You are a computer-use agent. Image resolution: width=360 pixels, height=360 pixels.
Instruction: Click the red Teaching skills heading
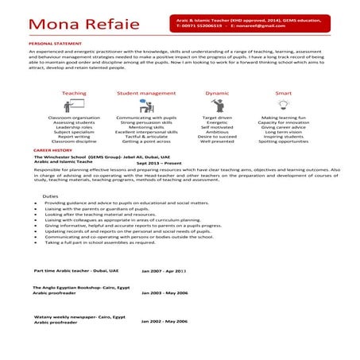pyautogui.click(x=74, y=93)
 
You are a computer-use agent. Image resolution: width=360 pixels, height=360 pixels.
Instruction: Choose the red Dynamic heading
pyautogui.click(x=217, y=93)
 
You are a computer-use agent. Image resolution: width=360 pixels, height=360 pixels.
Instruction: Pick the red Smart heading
pyautogui.click(x=284, y=93)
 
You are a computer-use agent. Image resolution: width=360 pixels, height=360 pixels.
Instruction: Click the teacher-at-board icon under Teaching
pyautogui.click(x=74, y=106)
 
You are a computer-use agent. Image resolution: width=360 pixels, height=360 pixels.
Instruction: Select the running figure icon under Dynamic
pyautogui.click(x=217, y=106)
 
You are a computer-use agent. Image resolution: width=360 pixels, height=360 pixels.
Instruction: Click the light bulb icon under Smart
pyautogui.click(x=284, y=106)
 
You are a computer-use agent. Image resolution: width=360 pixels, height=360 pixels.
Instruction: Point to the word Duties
pyautogui.click(x=50, y=195)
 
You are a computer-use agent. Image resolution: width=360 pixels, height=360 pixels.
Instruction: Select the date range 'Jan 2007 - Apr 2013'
pyautogui.click(x=163, y=271)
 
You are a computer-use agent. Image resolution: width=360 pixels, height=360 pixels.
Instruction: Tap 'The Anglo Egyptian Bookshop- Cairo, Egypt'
pyautogui.click(x=79, y=287)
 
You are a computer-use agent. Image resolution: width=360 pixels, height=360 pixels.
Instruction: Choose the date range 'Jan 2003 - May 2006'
pyautogui.click(x=164, y=292)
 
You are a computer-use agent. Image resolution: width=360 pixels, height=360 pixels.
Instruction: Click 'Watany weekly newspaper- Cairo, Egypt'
pyautogui.click(x=79, y=316)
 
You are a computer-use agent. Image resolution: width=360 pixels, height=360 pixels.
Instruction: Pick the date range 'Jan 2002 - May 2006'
pyautogui.click(x=164, y=321)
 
